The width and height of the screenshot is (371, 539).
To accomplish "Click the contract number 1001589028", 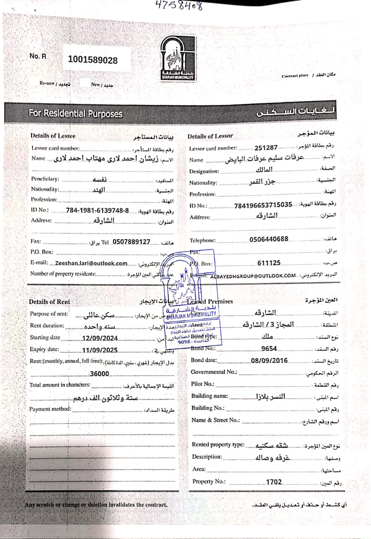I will (x=93, y=60).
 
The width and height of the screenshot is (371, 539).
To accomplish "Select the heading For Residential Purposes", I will (x=76, y=114).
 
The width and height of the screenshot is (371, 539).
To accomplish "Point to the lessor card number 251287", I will (x=266, y=148).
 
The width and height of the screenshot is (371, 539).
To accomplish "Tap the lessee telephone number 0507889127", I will (x=132, y=242).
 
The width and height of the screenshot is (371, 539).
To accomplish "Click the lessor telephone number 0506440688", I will (x=269, y=239).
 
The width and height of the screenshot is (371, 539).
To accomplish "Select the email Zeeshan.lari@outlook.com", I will (x=91, y=263).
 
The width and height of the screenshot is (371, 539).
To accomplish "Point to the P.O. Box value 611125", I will (x=269, y=263).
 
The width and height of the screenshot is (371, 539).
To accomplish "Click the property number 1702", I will (x=274, y=482).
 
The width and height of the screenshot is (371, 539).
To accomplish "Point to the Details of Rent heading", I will (x=50, y=302).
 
